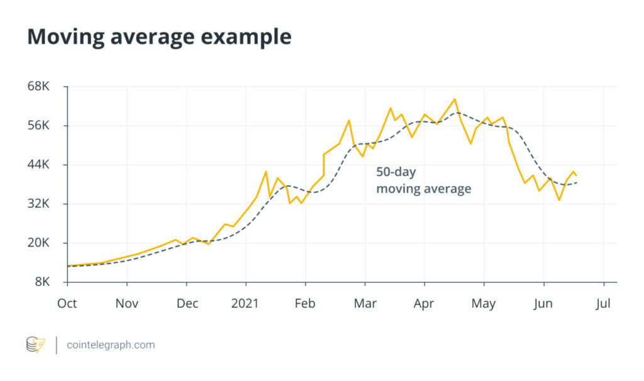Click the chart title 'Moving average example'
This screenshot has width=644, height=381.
[159, 37]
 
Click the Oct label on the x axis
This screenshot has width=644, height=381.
[67, 304]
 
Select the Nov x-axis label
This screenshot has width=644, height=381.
[127, 304]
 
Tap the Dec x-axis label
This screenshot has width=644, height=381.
[187, 304]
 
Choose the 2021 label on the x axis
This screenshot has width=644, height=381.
[246, 304]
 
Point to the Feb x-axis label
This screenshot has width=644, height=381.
[305, 304]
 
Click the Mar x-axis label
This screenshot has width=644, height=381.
[365, 304]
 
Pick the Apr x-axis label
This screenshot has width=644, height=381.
[424, 304]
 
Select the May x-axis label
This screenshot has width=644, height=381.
[484, 304]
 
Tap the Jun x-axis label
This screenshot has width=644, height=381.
[543, 304]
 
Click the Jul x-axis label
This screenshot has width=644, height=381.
[602, 304]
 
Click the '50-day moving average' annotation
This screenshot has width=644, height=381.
[423, 180]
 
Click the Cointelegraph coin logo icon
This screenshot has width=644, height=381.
[35, 345]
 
